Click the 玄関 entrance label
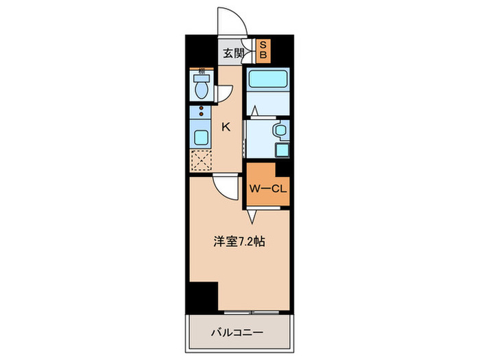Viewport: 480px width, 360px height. point(232,53)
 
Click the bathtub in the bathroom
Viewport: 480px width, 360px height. point(268,80)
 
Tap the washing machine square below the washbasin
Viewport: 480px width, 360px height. point(281,149)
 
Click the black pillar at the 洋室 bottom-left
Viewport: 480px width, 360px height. point(203,296)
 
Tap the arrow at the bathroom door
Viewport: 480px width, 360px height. point(254,109)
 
